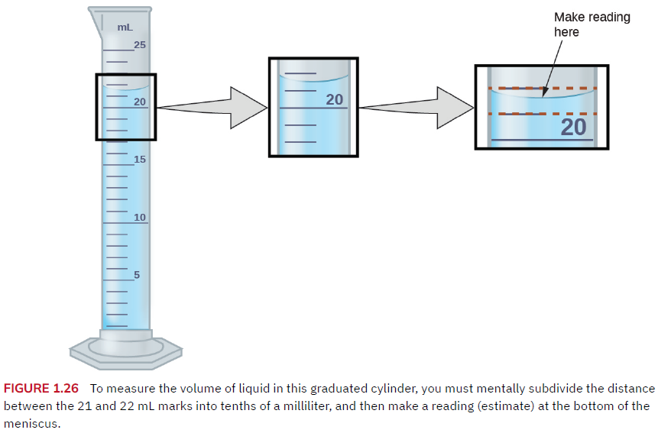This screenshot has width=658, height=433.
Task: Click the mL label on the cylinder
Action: tap(125, 27)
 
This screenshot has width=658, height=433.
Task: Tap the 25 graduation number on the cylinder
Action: tap(140, 44)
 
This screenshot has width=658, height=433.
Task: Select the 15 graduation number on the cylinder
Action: tap(140, 159)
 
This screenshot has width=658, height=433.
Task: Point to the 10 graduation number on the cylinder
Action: tap(140, 217)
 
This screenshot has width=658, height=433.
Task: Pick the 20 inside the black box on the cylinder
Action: tap(140, 102)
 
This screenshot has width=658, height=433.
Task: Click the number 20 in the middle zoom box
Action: tap(334, 99)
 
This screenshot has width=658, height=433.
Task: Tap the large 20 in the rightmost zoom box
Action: tap(573, 127)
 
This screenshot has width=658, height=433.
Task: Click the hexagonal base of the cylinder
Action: tap(125, 350)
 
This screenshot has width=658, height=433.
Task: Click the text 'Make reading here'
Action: tap(592, 24)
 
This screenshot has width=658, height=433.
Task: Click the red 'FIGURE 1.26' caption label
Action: tap(41, 388)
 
